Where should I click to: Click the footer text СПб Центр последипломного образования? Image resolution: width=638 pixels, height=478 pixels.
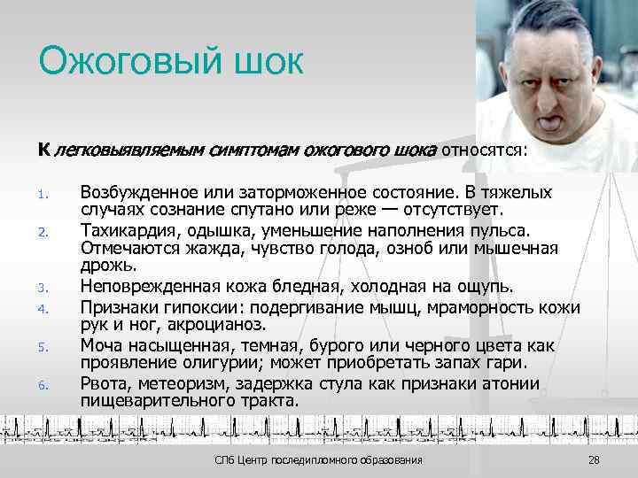[x=319, y=461]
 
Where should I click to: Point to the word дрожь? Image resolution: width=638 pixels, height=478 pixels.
[x=107, y=266]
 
